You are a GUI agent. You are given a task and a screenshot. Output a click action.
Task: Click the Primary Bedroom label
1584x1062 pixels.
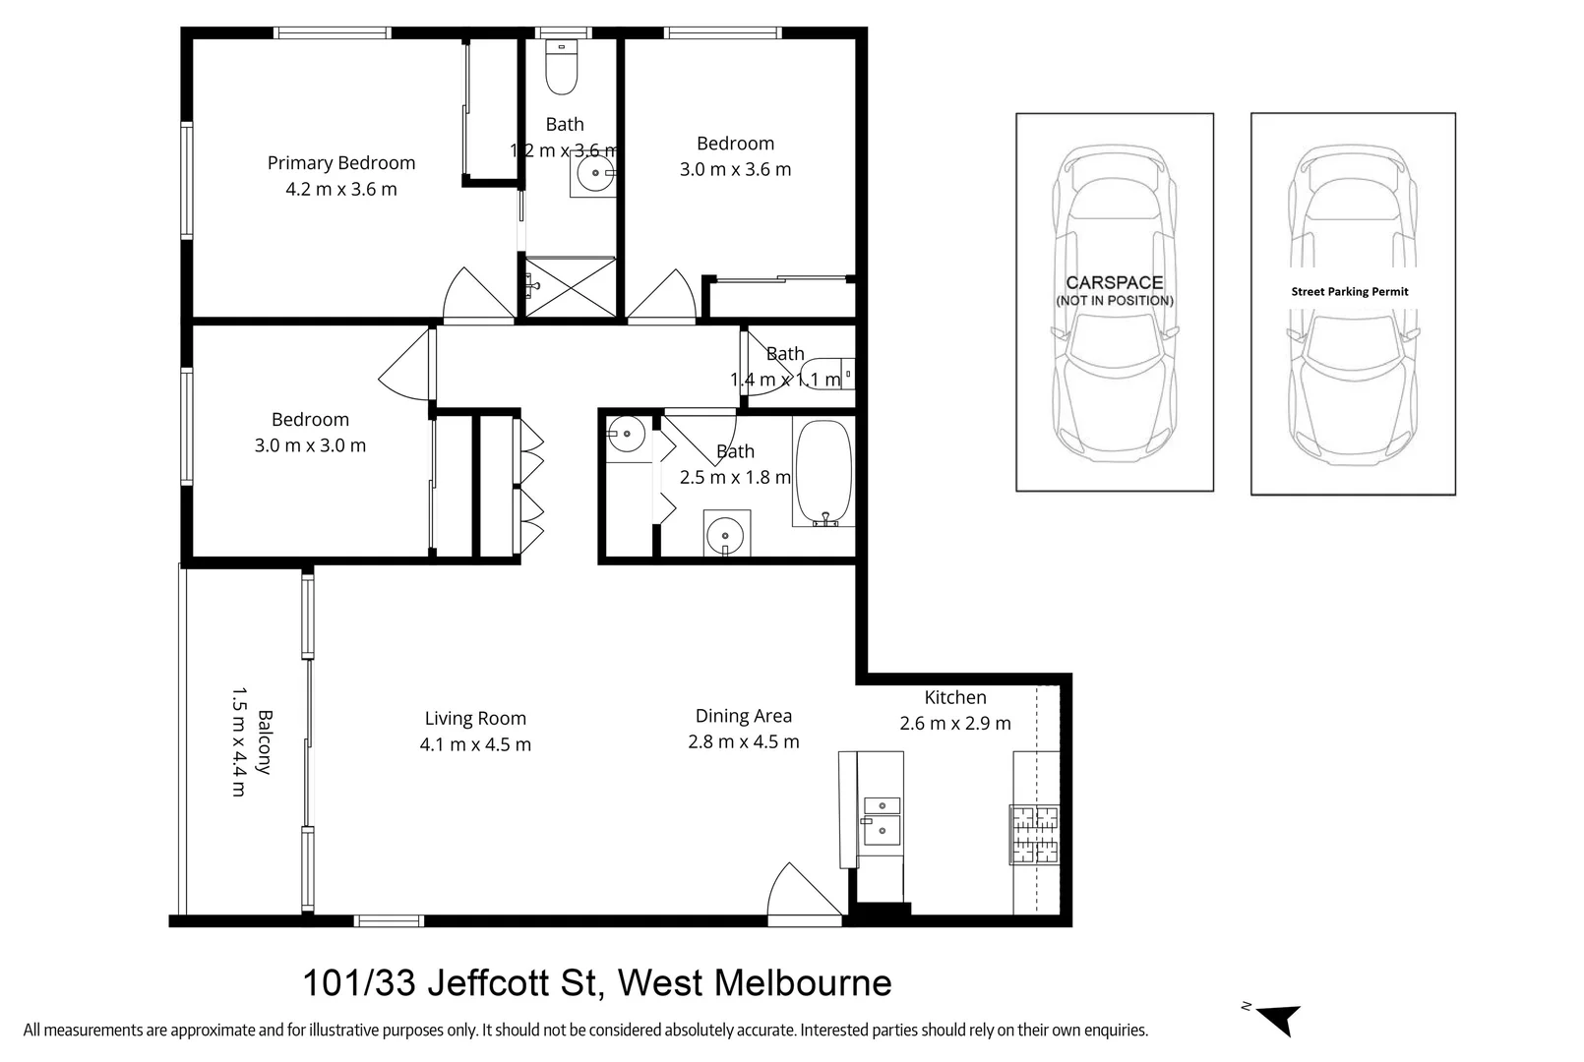(340, 163)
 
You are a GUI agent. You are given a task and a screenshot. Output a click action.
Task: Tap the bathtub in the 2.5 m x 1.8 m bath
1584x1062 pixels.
(822, 472)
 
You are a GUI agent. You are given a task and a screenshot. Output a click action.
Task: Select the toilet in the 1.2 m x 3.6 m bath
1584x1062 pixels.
(562, 69)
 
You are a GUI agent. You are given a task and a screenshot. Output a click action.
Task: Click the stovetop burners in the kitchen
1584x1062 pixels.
(1035, 835)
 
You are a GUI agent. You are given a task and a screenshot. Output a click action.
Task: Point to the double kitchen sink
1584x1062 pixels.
(881, 821)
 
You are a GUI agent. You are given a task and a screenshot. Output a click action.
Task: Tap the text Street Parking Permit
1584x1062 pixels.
(1350, 292)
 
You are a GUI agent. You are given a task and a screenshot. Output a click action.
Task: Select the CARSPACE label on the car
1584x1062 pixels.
(1114, 283)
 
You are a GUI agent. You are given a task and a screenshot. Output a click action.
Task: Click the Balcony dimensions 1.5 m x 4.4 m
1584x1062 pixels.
(237, 741)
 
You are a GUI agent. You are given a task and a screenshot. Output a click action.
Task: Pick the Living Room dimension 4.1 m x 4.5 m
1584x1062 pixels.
(475, 745)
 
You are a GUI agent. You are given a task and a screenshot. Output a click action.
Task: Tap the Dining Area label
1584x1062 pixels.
(743, 717)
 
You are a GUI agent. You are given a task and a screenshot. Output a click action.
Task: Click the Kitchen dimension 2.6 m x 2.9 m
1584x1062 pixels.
(954, 724)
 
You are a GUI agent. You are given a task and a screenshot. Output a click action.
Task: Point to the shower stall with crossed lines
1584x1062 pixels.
(571, 287)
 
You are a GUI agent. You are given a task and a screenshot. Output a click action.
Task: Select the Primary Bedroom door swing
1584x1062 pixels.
(477, 295)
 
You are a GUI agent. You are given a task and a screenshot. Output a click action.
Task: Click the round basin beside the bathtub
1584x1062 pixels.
(726, 536)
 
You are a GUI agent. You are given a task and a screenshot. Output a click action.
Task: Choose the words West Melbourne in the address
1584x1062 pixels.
(755, 982)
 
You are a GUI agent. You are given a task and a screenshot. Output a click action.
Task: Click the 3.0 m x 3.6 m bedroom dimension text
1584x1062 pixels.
(735, 170)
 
